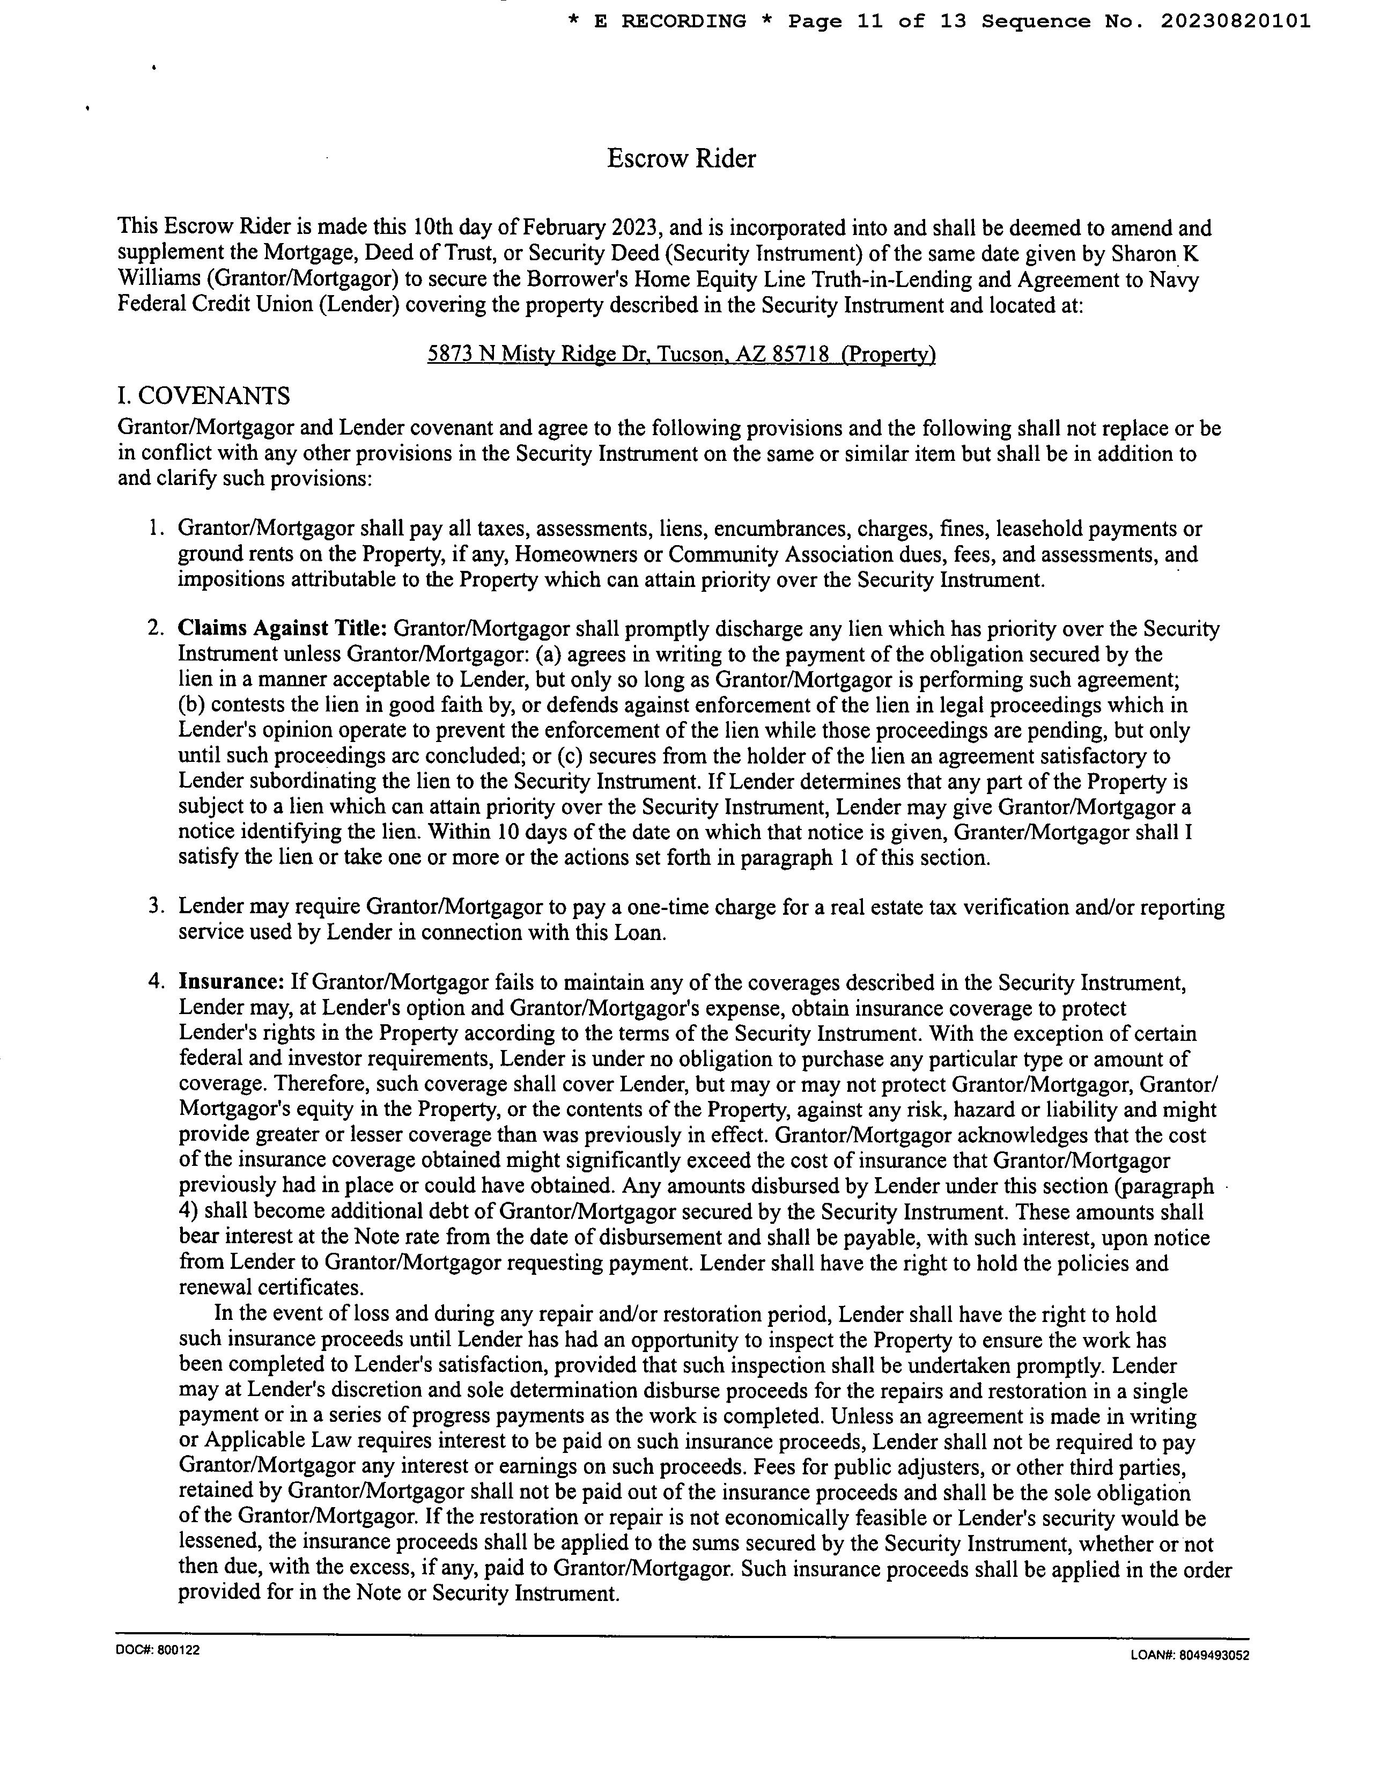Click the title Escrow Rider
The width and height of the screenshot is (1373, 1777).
coord(681,159)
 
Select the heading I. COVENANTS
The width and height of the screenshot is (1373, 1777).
coord(203,396)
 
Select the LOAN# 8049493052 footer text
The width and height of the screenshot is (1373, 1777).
coord(1189,1654)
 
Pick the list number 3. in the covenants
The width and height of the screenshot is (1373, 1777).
coord(158,906)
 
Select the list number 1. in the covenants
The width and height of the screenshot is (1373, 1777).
coord(158,529)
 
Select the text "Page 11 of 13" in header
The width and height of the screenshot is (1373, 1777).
coord(877,21)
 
